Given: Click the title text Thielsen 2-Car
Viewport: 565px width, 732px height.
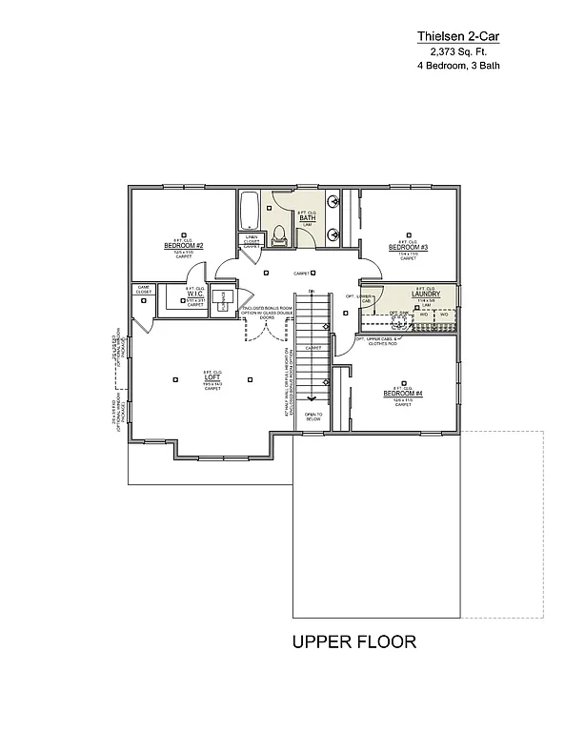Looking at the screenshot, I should click(458, 36).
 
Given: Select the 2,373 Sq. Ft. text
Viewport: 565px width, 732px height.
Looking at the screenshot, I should click(458, 51).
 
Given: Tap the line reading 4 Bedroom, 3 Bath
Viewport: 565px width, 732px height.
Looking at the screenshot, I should click(458, 67).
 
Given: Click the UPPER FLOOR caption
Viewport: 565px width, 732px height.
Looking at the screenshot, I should click(353, 641).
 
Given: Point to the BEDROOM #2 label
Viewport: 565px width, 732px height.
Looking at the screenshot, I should click(178, 246).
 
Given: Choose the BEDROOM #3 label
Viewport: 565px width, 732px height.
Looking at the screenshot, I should click(408, 248).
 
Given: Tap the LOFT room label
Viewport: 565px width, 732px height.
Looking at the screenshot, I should click(212, 377).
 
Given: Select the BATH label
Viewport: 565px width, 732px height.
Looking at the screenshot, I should click(307, 218).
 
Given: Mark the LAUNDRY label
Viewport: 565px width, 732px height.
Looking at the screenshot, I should click(424, 294).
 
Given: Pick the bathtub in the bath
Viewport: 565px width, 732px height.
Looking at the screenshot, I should click(250, 209).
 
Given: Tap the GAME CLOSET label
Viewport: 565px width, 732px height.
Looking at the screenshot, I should click(144, 288).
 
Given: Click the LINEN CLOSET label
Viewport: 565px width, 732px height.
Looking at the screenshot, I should click(252, 241).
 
